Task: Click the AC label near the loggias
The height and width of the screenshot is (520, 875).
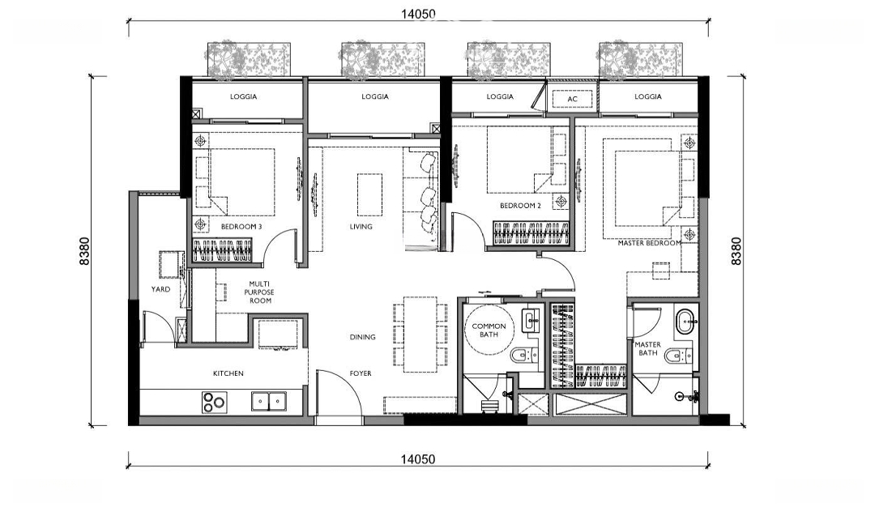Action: [572, 100]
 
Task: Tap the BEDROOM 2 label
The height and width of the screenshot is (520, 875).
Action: [520, 205]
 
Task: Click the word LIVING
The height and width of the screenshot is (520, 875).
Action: [361, 227]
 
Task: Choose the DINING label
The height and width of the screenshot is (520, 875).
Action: [362, 337]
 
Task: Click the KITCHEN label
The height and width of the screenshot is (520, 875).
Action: [228, 373]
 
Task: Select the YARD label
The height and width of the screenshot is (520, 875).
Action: [160, 289]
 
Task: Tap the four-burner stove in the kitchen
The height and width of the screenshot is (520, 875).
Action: [214, 403]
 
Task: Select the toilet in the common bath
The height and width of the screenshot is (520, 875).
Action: [523, 354]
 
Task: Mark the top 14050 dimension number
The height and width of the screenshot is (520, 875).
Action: [418, 14]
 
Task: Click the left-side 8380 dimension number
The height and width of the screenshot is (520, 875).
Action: [84, 251]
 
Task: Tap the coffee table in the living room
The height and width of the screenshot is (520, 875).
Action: [370, 194]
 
